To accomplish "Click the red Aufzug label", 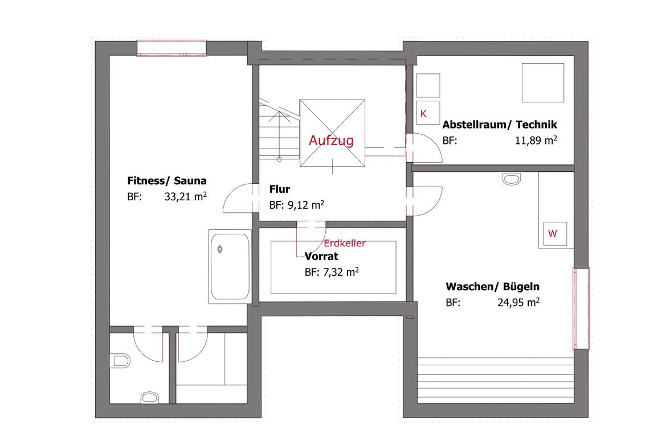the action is pyautogui.click(x=331, y=141).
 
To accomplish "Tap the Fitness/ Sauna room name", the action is pyautogui.click(x=166, y=181).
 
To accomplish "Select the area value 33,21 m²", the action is pyautogui.click(x=186, y=197).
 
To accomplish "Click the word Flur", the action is pyautogui.click(x=279, y=189).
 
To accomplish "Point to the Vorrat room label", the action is pyautogui.click(x=321, y=256).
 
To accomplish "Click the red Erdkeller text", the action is pyautogui.click(x=344, y=243).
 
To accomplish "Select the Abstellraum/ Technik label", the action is pyautogui.click(x=500, y=125).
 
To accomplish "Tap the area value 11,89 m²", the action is pyautogui.click(x=536, y=141).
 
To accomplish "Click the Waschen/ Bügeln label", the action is pyautogui.click(x=492, y=286).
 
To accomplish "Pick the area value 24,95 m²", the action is pyautogui.click(x=518, y=303).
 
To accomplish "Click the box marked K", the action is pyautogui.click(x=428, y=113).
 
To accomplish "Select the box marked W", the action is pyautogui.click(x=555, y=234).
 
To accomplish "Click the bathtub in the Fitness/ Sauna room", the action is pyautogui.click(x=230, y=267).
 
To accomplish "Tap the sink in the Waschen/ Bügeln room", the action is pyautogui.click(x=512, y=179).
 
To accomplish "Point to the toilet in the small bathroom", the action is pyautogui.click(x=120, y=361).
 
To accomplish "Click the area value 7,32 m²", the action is pyautogui.click(x=332, y=272).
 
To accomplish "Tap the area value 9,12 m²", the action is pyautogui.click(x=296, y=205).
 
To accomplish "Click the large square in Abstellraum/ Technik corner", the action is pyautogui.click(x=543, y=83).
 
